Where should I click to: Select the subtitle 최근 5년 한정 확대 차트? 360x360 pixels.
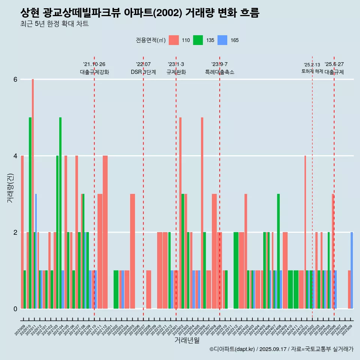tap(54, 24)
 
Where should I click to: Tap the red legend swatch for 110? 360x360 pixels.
tap(174, 40)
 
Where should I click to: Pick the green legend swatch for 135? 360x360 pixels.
tap(198, 40)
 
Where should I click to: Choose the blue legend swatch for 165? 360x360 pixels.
tap(222, 40)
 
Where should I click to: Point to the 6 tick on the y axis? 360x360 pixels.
tap(15, 79)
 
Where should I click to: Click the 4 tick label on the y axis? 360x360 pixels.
tap(15, 156)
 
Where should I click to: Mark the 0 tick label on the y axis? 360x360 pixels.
tap(15, 309)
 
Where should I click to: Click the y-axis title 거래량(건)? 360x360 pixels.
tap(10, 187)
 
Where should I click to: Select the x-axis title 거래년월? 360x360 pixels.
tap(187, 340)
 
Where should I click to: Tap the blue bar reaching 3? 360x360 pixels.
tap(36, 251)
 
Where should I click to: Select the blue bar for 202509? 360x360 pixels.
tap(352, 270)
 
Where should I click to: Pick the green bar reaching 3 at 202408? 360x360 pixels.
tap(278, 251)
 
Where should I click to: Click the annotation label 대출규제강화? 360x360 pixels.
tap(94, 72)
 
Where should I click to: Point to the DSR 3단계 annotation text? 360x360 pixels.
tap(143, 72)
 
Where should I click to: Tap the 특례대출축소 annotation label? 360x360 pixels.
tap(219, 72)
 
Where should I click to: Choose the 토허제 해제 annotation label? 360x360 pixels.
tap(312, 71)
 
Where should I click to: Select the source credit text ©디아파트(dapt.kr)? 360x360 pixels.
tap(232, 349)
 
